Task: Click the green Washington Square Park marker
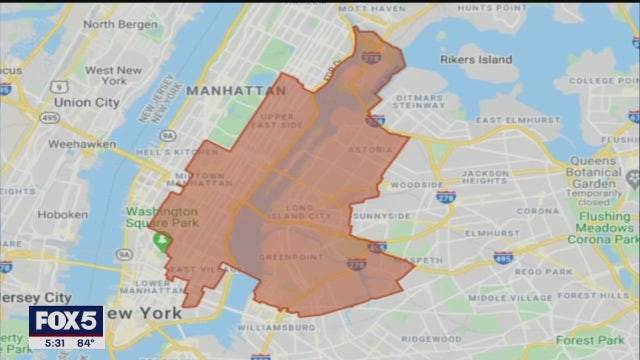(160, 241)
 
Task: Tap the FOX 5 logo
(66, 321)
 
